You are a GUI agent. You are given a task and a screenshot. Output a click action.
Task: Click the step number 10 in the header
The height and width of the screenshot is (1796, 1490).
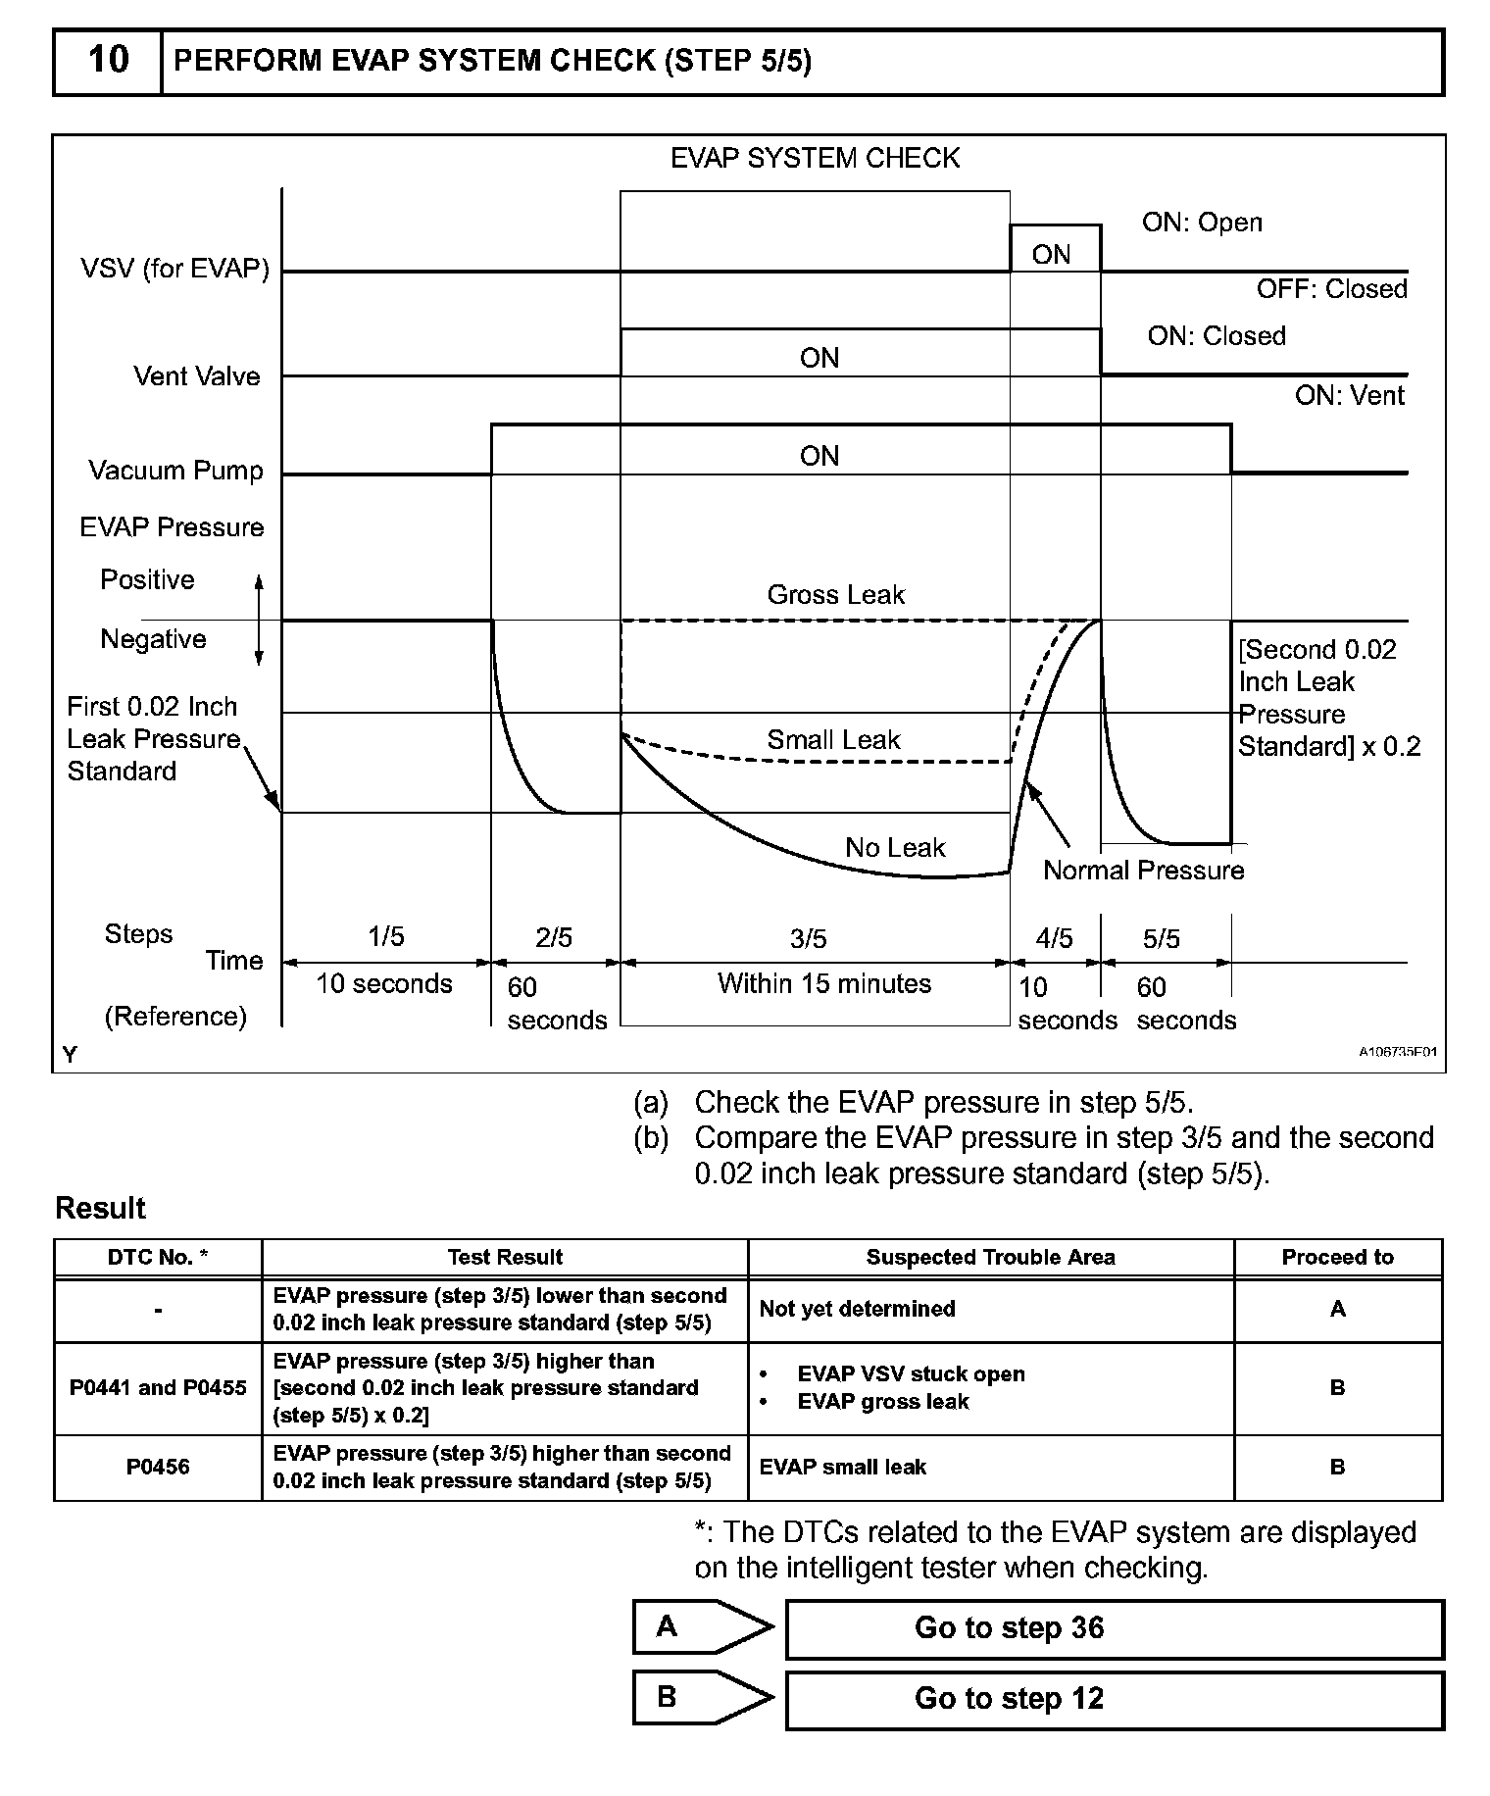point(108,61)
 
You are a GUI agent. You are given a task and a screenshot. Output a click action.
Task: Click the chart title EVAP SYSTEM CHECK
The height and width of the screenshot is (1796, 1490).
point(815,159)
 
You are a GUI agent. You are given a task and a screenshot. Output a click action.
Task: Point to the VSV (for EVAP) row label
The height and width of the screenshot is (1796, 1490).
point(174,269)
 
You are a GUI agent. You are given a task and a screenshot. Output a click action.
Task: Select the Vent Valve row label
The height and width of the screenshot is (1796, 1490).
point(197,376)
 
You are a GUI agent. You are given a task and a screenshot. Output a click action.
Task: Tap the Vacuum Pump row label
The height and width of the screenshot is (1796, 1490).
point(175,471)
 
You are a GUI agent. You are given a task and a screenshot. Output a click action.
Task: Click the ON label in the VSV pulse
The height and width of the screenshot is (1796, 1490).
point(1051,255)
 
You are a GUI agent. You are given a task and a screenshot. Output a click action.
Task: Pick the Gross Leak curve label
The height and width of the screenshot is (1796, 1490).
point(835,595)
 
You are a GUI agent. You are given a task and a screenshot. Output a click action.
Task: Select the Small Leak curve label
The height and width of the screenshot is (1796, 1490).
point(833,740)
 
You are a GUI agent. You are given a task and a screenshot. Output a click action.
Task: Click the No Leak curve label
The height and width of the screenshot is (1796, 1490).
point(895,848)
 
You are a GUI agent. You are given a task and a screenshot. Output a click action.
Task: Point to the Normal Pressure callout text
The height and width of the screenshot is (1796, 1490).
point(1143,871)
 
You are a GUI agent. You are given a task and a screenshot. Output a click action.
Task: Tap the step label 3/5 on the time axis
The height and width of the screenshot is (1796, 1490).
point(809,939)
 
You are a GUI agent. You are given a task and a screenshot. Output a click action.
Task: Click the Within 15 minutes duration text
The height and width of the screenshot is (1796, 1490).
point(824,983)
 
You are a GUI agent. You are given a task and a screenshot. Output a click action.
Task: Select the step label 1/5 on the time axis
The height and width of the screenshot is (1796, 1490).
point(385,937)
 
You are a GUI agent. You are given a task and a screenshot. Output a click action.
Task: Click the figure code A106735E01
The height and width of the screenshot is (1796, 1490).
point(1397,1052)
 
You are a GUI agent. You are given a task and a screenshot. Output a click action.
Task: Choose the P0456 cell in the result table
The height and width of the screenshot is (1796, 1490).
point(158,1467)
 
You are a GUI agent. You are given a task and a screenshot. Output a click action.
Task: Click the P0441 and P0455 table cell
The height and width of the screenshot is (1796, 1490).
point(158,1387)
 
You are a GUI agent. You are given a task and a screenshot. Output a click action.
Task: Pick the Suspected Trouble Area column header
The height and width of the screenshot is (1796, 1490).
point(990,1258)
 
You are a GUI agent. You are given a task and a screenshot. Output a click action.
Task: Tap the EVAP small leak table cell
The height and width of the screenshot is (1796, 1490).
point(843,1467)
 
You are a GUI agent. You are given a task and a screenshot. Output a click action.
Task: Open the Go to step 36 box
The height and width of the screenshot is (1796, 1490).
point(1115,1628)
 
